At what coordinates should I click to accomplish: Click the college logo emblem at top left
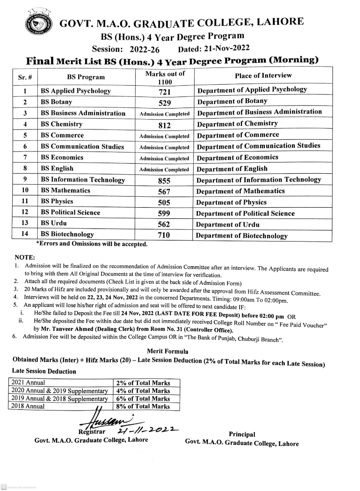(x=38, y=25)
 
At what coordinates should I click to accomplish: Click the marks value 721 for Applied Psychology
(x=165, y=92)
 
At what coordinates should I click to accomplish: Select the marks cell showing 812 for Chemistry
(x=165, y=125)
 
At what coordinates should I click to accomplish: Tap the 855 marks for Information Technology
(x=164, y=181)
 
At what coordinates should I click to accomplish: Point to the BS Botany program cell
(x=57, y=102)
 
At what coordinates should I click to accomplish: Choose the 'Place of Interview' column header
(x=263, y=75)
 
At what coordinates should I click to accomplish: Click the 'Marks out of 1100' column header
(x=165, y=78)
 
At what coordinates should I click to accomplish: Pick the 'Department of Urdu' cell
(x=228, y=225)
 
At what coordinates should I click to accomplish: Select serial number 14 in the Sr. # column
(x=25, y=234)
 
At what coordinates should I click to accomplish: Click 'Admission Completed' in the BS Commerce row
(x=164, y=136)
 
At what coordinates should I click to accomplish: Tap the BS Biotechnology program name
(x=67, y=234)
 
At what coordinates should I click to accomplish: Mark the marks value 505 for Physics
(x=164, y=203)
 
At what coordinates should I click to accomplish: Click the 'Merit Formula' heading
(x=167, y=351)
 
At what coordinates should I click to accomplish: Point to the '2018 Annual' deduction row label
(x=28, y=406)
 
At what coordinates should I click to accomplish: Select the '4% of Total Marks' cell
(x=143, y=391)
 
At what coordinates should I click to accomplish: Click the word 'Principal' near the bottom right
(x=242, y=434)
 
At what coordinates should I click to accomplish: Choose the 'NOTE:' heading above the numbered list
(x=25, y=257)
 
